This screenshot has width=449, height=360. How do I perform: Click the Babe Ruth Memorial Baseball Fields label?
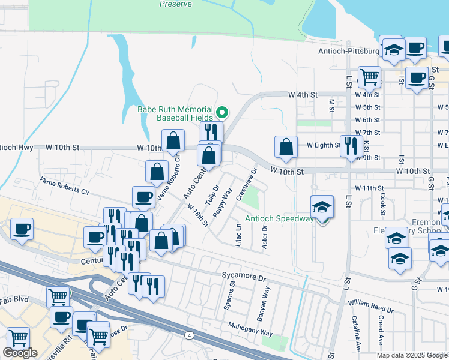pos(175,113)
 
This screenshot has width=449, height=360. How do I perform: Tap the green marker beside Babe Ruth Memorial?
pos(221,111)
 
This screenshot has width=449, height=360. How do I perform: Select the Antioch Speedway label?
pos(279,218)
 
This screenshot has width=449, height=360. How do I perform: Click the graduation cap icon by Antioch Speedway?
pos(322,208)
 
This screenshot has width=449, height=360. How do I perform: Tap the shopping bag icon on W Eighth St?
pos(286,147)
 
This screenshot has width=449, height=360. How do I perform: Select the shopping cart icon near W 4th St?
pos(369,76)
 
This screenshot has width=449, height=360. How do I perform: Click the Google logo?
pos(20,353)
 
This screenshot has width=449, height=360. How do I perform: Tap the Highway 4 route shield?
pos(189,334)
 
